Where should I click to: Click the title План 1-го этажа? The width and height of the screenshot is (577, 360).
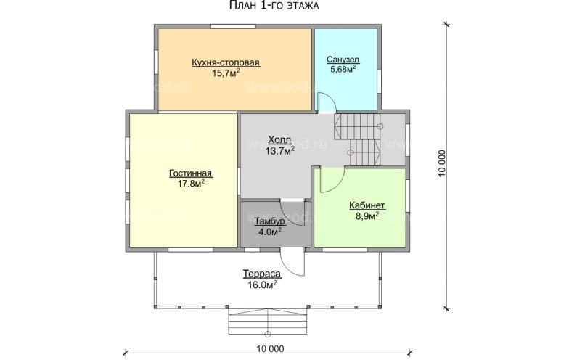[x=274, y=6]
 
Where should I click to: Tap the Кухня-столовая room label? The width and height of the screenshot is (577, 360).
[x=226, y=62]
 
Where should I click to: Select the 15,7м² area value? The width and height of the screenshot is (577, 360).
[x=226, y=73]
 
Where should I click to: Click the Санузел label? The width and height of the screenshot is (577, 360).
[x=343, y=60]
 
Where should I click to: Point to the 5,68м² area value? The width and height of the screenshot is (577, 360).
[x=343, y=69]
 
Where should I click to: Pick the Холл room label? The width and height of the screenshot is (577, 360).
[x=279, y=140]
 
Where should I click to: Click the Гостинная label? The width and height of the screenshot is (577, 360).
[x=190, y=173]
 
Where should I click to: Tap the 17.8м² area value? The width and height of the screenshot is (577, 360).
[x=192, y=183]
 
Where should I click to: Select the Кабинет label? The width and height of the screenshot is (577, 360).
[x=367, y=205]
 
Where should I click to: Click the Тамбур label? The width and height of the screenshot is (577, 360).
[x=270, y=221]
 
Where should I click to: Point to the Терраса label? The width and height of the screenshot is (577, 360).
[x=262, y=274]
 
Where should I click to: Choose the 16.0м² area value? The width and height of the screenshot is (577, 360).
[x=263, y=285]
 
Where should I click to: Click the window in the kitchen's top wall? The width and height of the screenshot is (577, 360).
[x=233, y=26]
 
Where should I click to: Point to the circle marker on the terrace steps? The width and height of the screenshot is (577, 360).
[x=268, y=334]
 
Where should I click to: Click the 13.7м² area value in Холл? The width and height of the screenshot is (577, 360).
[x=279, y=150]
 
